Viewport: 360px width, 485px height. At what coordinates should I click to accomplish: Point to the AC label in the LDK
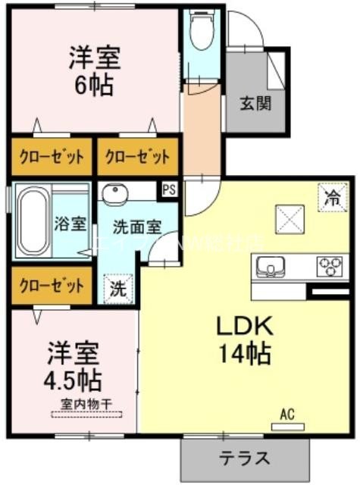click(x=286, y=414)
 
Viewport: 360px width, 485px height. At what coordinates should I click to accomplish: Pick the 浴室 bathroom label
click(x=73, y=224)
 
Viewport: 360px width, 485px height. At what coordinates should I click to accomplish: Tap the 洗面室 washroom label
click(x=136, y=227)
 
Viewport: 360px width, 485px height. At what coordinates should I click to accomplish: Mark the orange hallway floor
click(x=201, y=129)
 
